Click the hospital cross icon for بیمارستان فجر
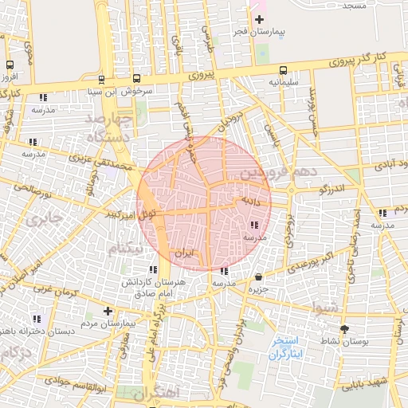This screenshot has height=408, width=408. (x=259, y=18)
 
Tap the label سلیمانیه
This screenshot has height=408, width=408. (x=284, y=81)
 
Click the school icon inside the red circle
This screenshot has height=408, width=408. (x=254, y=225)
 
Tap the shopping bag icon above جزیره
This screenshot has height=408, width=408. (x=259, y=277)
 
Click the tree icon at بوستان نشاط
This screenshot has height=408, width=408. (x=344, y=328)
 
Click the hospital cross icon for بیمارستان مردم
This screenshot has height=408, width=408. (x=108, y=311)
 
